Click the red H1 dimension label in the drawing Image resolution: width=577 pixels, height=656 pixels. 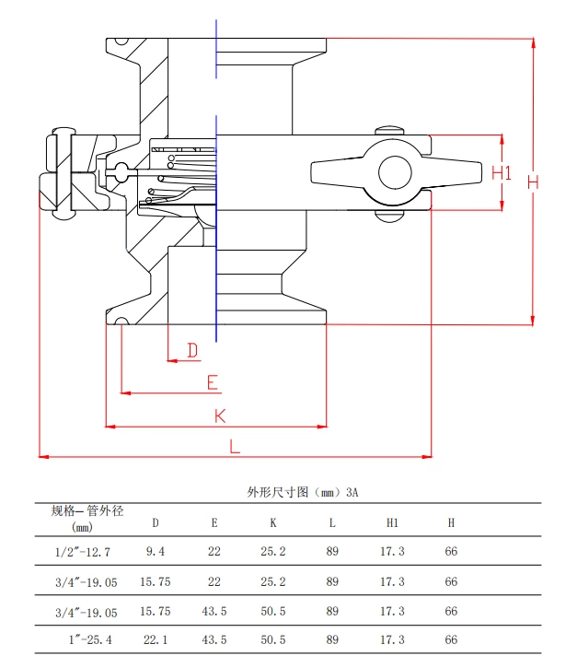pyautogui.click(x=502, y=172)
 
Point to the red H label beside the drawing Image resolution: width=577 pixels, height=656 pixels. pyautogui.click(x=533, y=182)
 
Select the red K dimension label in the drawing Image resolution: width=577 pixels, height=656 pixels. pyautogui.click(x=220, y=416)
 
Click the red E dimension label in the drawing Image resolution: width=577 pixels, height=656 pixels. pyautogui.click(x=212, y=382)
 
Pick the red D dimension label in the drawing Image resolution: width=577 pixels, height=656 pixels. pyautogui.click(x=192, y=350)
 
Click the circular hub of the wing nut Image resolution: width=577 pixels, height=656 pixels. pyautogui.click(x=395, y=172)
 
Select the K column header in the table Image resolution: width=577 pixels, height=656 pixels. pyautogui.click(x=273, y=523)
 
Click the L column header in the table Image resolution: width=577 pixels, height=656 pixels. pyautogui.click(x=332, y=523)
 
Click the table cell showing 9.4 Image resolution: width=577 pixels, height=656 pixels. pyautogui.click(x=156, y=552)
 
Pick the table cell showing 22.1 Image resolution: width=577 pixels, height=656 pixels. pyautogui.click(x=156, y=639)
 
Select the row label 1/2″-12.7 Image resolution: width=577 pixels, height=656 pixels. pyautogui.click(x=82, y=552)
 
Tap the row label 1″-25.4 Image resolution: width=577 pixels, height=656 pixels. pyautogui.click(x=87, y=639)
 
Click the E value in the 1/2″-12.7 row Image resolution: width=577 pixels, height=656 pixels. pyautogui.click(x=214, y=552)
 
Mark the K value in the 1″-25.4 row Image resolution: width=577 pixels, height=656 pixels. pyautogui.click(x=273, y=639)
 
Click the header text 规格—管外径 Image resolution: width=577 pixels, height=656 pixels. pyautogui.click(x=87, y=510)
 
